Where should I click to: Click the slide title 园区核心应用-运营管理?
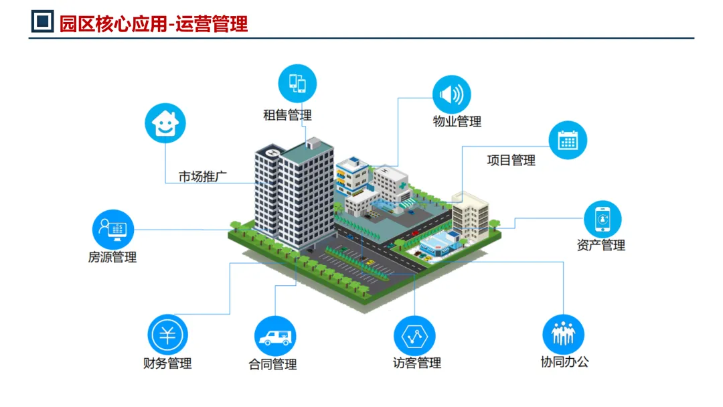click(153, 23)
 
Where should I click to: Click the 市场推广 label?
click(203, 177)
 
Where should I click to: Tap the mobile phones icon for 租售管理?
click(297, 84)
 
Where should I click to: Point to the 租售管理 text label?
click(287, 115)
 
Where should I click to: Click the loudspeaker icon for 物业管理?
click(451, 95)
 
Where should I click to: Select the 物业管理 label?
click(457, 122)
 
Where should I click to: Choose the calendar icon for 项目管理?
click(568, 141)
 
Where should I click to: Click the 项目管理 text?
click(511, 161)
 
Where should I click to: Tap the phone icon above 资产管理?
click(602, 219)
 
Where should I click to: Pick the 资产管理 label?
click(600, 246)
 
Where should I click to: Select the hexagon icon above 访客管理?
click(414, 335)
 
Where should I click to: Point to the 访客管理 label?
click(417, 363)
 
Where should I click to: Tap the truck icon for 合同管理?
click(275, 336)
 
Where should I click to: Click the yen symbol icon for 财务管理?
click(167, 335)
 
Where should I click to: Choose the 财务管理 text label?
click(167, 363)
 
